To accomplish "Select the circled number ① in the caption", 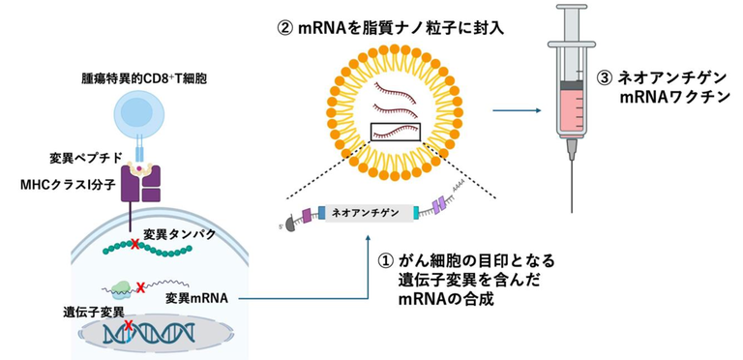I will click(384, 260).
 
